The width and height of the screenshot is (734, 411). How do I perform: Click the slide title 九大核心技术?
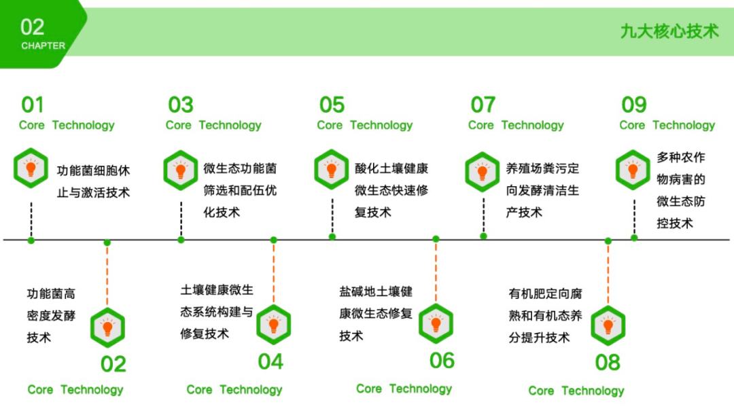pyautogui.click(x=669, y=31)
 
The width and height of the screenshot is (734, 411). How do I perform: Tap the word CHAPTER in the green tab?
pyautogui.click(x=43, y=46)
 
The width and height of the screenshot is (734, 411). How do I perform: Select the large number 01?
pyautogui.click(x=33, y=105)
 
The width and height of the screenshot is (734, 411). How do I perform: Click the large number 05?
pyautogui.click(x=332, y=105)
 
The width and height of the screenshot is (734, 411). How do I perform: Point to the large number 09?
pyautogui.click(x=634, y=105)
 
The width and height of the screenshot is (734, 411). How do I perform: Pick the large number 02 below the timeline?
pyautogui.click(x=113, y=364)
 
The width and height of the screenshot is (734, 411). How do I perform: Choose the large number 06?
pyautogui.click(x=442, y=361)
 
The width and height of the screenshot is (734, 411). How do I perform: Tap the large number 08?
pyautogui.click(x=608, y=363)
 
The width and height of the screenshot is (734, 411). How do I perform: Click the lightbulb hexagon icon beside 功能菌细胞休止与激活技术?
pyautogui.click(x=31, y=169)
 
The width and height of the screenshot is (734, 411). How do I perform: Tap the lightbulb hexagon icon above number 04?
pyautogui.click(x=274, y=325)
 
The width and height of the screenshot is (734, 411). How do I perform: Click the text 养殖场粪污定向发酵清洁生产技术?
pyautogui.click(x=542, y=190)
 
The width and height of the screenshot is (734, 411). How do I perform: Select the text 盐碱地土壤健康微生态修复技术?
pyautogui.click(x=376, y=313)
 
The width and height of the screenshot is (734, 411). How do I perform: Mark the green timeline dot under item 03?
pyautogui.click(x=181, y=239)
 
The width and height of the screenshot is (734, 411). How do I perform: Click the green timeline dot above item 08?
pyautogui.click(x=608, y=240)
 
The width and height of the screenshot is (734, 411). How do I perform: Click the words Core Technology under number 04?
pyautogui.click(x=234, y=389)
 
